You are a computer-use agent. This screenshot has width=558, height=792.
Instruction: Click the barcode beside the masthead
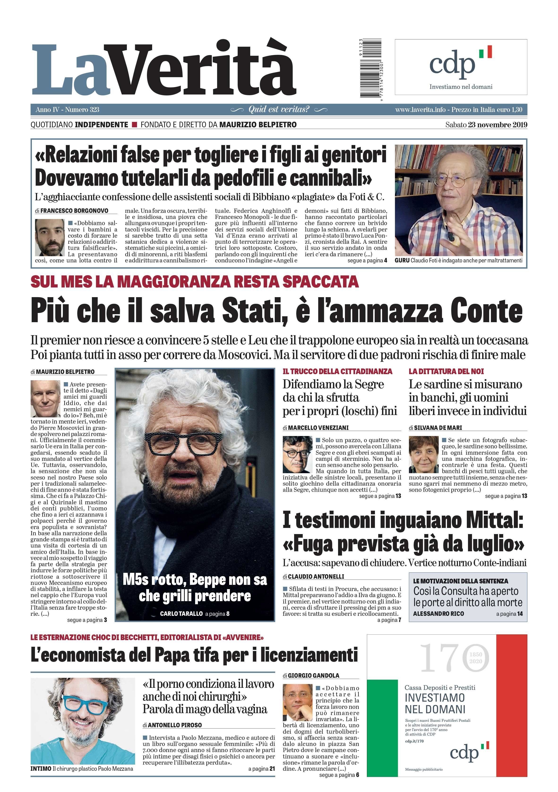371,68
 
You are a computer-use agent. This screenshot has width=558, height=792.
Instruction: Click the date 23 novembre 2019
497,125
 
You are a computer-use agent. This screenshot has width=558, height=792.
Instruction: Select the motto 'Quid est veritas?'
279,110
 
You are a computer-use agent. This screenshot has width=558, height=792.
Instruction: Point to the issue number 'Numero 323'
82,110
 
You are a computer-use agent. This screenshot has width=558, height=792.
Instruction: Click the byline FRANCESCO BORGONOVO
74,211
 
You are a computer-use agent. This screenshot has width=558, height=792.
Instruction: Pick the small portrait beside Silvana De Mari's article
423,454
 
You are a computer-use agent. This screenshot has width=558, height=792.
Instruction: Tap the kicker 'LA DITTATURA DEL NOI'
446,372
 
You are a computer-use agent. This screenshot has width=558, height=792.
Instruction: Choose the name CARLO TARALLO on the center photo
181,614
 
